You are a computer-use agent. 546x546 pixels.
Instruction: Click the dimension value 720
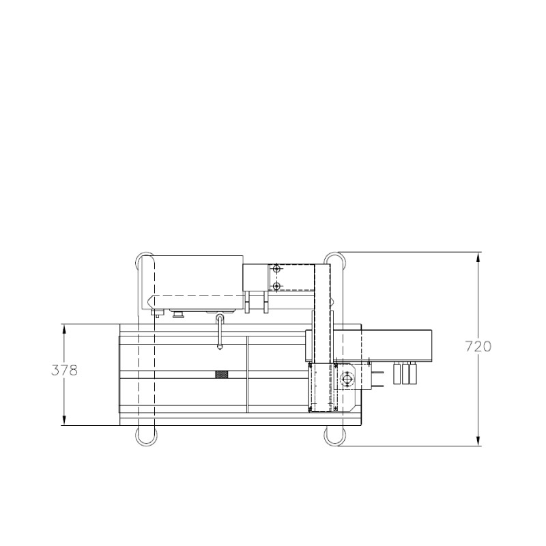pyautogui.click(x=478, y=347)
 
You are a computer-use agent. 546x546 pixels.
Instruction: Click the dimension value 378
pyautogui.click(x=64, y=371)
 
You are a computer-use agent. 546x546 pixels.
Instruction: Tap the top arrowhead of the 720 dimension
pyautogui.click(x=478, y=257)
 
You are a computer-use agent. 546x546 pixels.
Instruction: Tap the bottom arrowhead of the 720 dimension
pyautogui.click(x=478, y=440)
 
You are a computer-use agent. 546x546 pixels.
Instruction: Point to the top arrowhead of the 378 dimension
pyautogui.click(x=64, y=330)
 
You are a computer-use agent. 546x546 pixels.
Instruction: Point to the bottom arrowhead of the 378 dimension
pyautogui.click(x=64, y=420)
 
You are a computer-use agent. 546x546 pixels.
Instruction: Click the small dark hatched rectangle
pyautogui.click(x=222, y=374)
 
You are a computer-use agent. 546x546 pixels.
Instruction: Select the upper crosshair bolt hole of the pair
pyautogui.click(x=276, y=269)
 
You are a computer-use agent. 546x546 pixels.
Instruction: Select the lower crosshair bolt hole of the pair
pyautogui.click(x=276, y=286)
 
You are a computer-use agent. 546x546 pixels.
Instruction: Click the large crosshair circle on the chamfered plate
pyautogui.click(x=347, y=379)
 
